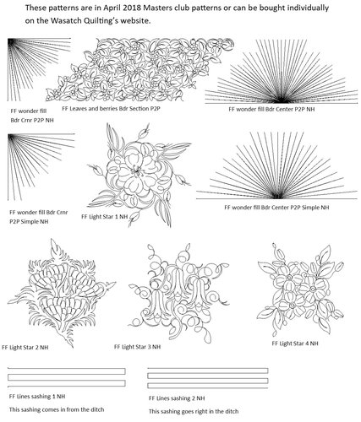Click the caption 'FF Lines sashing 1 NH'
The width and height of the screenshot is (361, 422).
coord(37,395)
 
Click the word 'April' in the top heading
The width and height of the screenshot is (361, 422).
coord(104,8)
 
